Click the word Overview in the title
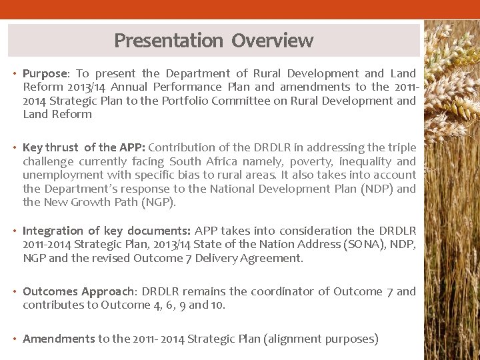click(x=273, y=41)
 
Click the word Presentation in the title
click(x=169, y=41)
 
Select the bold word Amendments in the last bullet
click(x=59, y=339)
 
